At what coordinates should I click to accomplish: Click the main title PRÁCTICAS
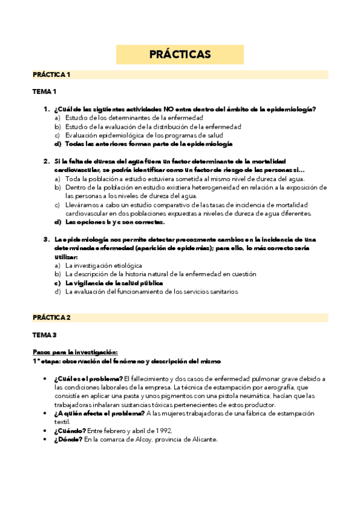(x=180, y=54)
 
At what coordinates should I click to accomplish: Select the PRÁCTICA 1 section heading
(x=52, y=75)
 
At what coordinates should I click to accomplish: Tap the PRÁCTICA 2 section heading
(x=52, y=317)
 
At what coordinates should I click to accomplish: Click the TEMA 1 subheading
(x=44, y=91)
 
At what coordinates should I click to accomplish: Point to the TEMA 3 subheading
(x=44, y=334)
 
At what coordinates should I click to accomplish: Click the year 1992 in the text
(x=162, y=431)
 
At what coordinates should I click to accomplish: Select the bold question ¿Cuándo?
(x=69, y=431)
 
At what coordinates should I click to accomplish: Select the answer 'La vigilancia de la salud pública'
(x=114, y=283)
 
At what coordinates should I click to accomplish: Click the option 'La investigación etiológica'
(x=103, y=265)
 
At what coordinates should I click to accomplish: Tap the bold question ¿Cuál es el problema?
(x=88, y=378)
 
